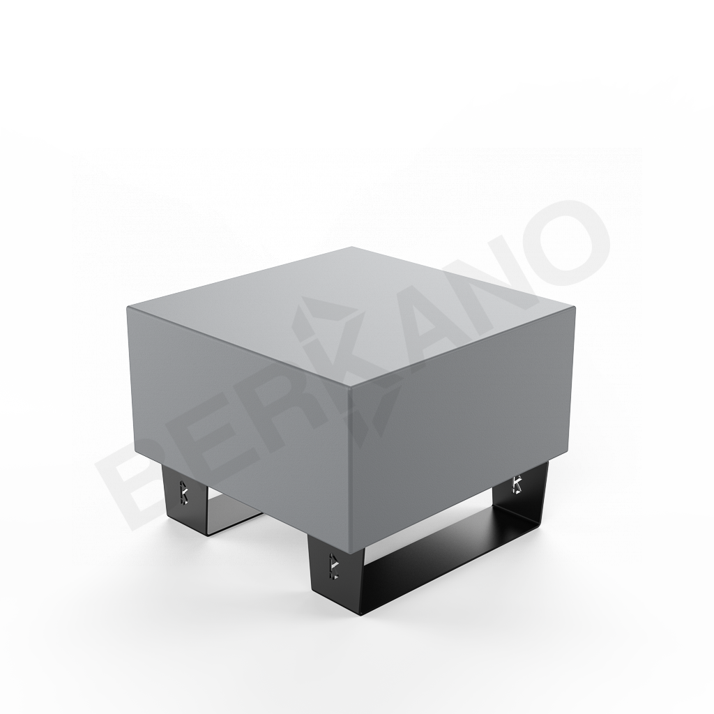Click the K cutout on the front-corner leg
(334, 564)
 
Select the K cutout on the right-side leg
(517, 483)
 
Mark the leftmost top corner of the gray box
(128, 307)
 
